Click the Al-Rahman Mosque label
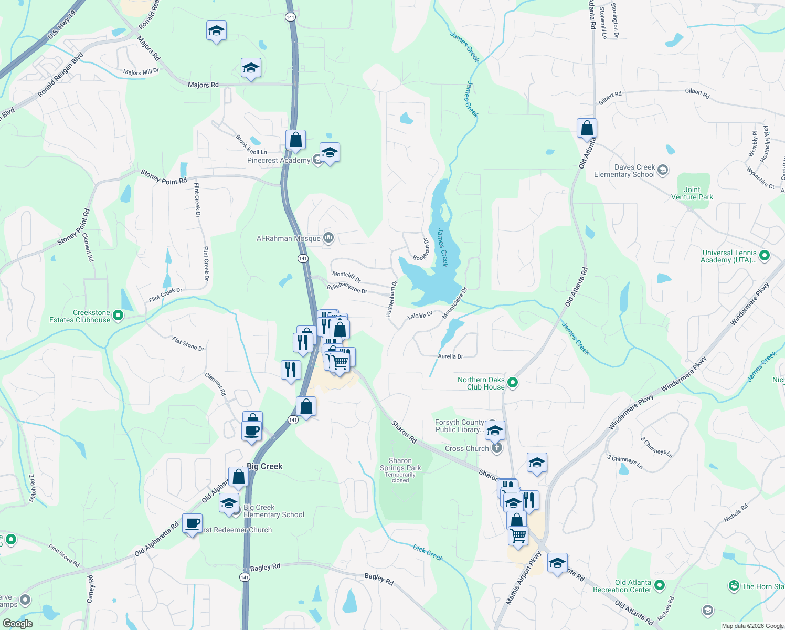[x=288, y=238]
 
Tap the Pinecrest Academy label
[x=279, y=160]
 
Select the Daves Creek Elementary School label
[x=624, y=171]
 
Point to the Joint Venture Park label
[x=692, y=193]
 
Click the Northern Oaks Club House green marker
[x=513, y=383]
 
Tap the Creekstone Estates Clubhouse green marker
[x=118, y=316]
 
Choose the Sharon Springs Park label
[x=400, y=464]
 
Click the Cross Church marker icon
[x=497, y=448]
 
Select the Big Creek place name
[x=264, y=466]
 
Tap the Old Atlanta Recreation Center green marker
[x=660, y=585]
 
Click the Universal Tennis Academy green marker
[x=765, y=256]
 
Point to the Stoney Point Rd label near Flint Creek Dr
[x=164, y=177]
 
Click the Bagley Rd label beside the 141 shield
[x=265, y=568]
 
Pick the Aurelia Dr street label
[x=450, y=356]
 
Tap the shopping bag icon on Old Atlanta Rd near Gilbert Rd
[x=587, y=128]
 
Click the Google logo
[x=17, y=623]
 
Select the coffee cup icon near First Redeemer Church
[x=193, y=523]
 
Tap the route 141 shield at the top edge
[x=290, y=17]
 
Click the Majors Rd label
[x=203, y=85]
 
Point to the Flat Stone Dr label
[x=188, y=344]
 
